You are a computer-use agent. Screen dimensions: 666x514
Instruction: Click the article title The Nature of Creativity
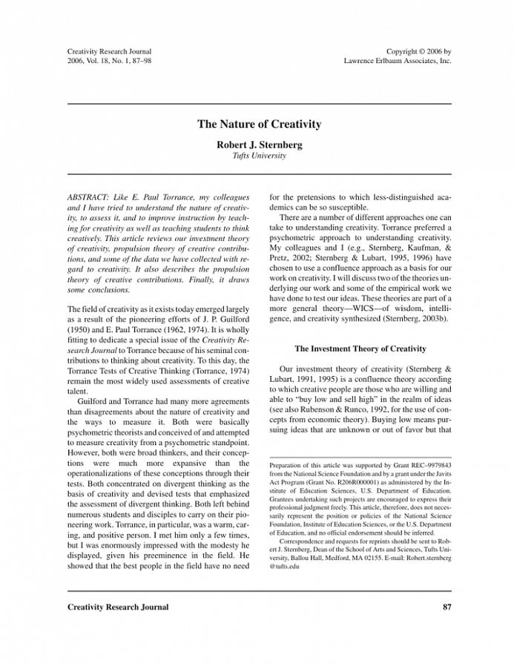[x=259, y=125]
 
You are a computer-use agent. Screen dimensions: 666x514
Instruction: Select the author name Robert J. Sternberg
[x=259, y=145]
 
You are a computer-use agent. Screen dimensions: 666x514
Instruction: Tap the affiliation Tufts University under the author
[x=259, y=156]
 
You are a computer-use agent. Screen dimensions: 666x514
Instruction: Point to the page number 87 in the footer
[x=447, y=607]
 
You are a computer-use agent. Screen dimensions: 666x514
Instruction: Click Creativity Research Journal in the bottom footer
[x=118, y=607]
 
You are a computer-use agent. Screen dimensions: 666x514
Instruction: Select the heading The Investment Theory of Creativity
[x=360, y=348]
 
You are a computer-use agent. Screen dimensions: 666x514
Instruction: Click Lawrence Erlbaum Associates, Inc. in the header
[x=398, y=61]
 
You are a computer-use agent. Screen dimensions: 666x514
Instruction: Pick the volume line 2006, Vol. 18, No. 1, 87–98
[x=110, y=61]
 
